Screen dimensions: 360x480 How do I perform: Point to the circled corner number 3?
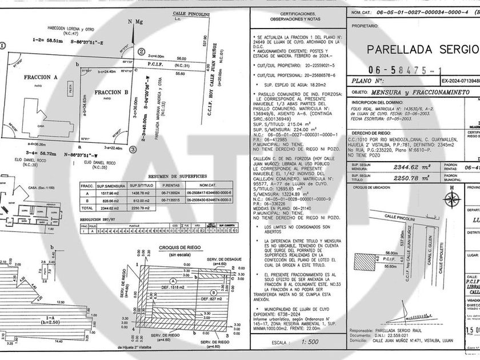[133, 149]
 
